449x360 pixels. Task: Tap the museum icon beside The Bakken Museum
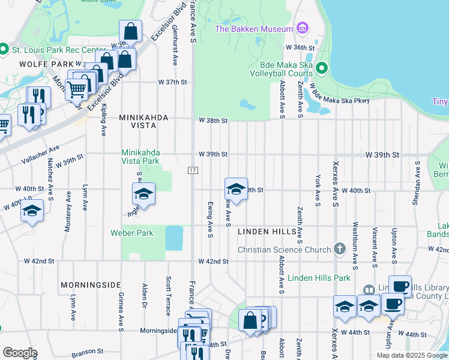tap(301, 28)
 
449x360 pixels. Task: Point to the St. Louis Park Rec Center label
tap(47, 48)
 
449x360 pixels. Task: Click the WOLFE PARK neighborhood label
tap(37, 64)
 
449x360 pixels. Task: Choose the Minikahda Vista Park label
tap(140, 157)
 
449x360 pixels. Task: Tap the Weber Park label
tap(131, 233)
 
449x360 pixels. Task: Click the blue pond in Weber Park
tap(174, 238)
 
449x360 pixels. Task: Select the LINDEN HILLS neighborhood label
tap(267, 232)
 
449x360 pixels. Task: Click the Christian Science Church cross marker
tap(340, 249)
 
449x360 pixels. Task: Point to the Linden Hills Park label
tap(319, 278)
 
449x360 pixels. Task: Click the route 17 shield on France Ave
tap(193, 171)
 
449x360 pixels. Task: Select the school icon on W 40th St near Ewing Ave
tap(237, 190)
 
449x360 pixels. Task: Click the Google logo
tap(20, 353)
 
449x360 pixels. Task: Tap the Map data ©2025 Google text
tap(411, 355)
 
